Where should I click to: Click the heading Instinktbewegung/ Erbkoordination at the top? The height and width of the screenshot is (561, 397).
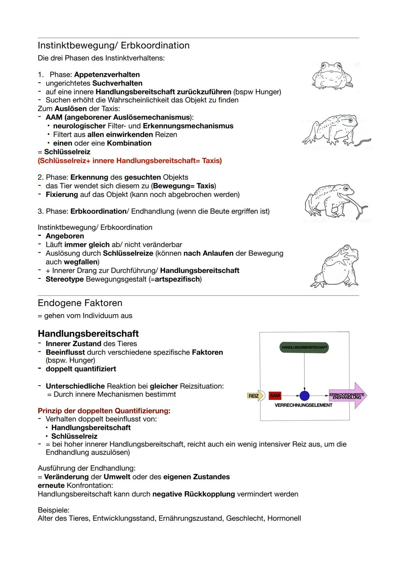pos(114,46)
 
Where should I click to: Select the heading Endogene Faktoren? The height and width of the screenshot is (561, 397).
pos(80,303)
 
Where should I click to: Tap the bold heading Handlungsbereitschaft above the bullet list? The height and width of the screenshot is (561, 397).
pos(88,334)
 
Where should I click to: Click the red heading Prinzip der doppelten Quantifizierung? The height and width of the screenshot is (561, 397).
pos(104,410)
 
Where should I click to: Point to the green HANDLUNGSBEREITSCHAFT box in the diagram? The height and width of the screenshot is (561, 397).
pos(304,347)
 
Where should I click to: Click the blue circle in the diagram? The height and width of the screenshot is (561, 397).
pos(304,396)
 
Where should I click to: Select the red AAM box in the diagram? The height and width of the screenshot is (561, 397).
pos(275,396)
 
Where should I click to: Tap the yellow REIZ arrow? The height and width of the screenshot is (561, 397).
pos(254,396)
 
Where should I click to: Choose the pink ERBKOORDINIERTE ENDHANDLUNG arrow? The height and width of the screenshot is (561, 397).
pos(347,396)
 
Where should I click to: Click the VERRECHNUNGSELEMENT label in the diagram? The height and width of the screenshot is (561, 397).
pos(303,405)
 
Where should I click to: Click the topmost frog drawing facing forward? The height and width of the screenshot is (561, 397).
pos(332,76)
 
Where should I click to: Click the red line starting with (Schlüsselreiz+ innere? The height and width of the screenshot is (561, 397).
pos(130,161)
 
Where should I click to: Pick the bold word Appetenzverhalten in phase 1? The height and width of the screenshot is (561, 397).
pos(107,75)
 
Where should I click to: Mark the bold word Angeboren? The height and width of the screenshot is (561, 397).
pos(65,236)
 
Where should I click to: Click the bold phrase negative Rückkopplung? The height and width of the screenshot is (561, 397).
pos(193,494)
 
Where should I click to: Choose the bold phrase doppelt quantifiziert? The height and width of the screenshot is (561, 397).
pos(81,369)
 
